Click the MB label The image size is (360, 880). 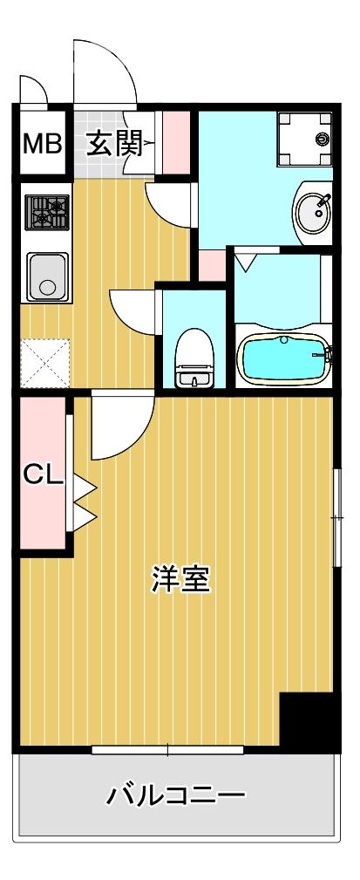tap(42, 142)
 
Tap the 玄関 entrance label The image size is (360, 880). tap(112, 142)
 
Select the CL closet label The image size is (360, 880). tap(43, 474)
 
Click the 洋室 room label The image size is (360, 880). tap(181, 579)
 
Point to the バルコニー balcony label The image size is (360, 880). tap(177, 795)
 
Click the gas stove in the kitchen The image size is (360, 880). tap(47, 212)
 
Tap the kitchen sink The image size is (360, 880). tap(47, 276)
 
